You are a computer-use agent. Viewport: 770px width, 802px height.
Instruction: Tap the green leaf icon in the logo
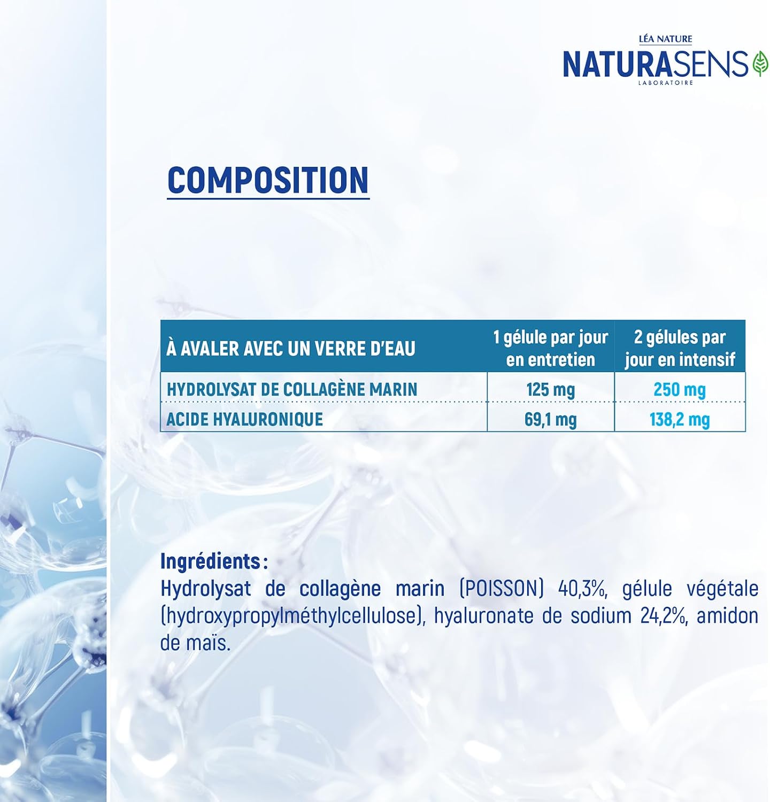tap(760, 64)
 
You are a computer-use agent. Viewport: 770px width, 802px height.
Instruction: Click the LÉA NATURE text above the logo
tap(666, 39)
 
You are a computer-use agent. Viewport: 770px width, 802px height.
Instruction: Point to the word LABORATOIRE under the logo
tap(666, 83)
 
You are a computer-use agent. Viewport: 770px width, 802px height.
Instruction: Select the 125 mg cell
tap(551, 389)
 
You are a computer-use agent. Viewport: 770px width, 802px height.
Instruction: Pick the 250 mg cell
tap(680, 389)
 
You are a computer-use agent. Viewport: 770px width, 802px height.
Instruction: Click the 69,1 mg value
tap(551, 420)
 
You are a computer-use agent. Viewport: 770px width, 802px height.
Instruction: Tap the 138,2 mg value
tap(680, 420)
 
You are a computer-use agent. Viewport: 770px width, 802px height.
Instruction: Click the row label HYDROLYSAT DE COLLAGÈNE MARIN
tap(292, 389)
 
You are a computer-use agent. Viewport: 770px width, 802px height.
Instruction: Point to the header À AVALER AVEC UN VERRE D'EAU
tap(291, 349)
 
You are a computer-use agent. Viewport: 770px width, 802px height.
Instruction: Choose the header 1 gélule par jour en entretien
tap(551, 348)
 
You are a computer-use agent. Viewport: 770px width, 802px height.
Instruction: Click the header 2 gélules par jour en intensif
tap(680, 348)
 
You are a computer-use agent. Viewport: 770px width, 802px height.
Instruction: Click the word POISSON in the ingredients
tap(502, 589)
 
